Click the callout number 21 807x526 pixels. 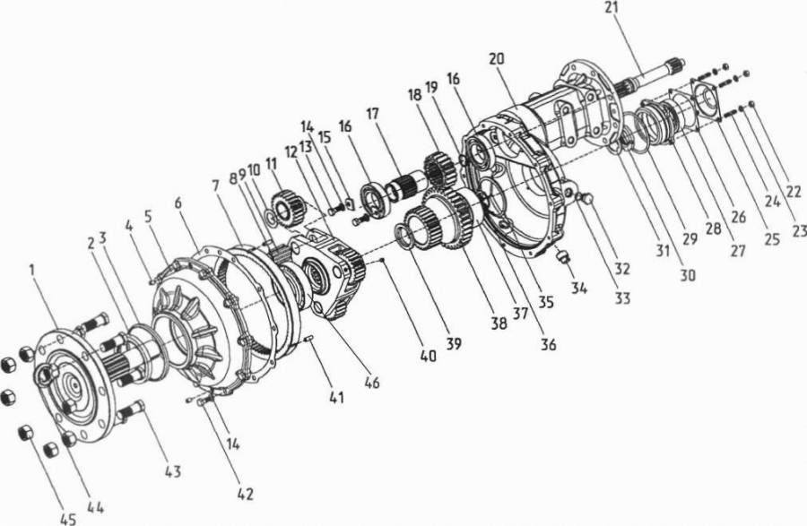(612, 8)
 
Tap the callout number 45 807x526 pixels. (68, 519)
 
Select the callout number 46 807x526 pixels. (371, 382)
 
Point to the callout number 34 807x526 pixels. (578, 288)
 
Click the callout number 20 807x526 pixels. (497, 58)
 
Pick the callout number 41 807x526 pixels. (336, 397)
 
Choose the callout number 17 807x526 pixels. (373, 113)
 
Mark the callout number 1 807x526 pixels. (32, 270)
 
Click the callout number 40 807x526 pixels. (429, 355)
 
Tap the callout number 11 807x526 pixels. (271, 164)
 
